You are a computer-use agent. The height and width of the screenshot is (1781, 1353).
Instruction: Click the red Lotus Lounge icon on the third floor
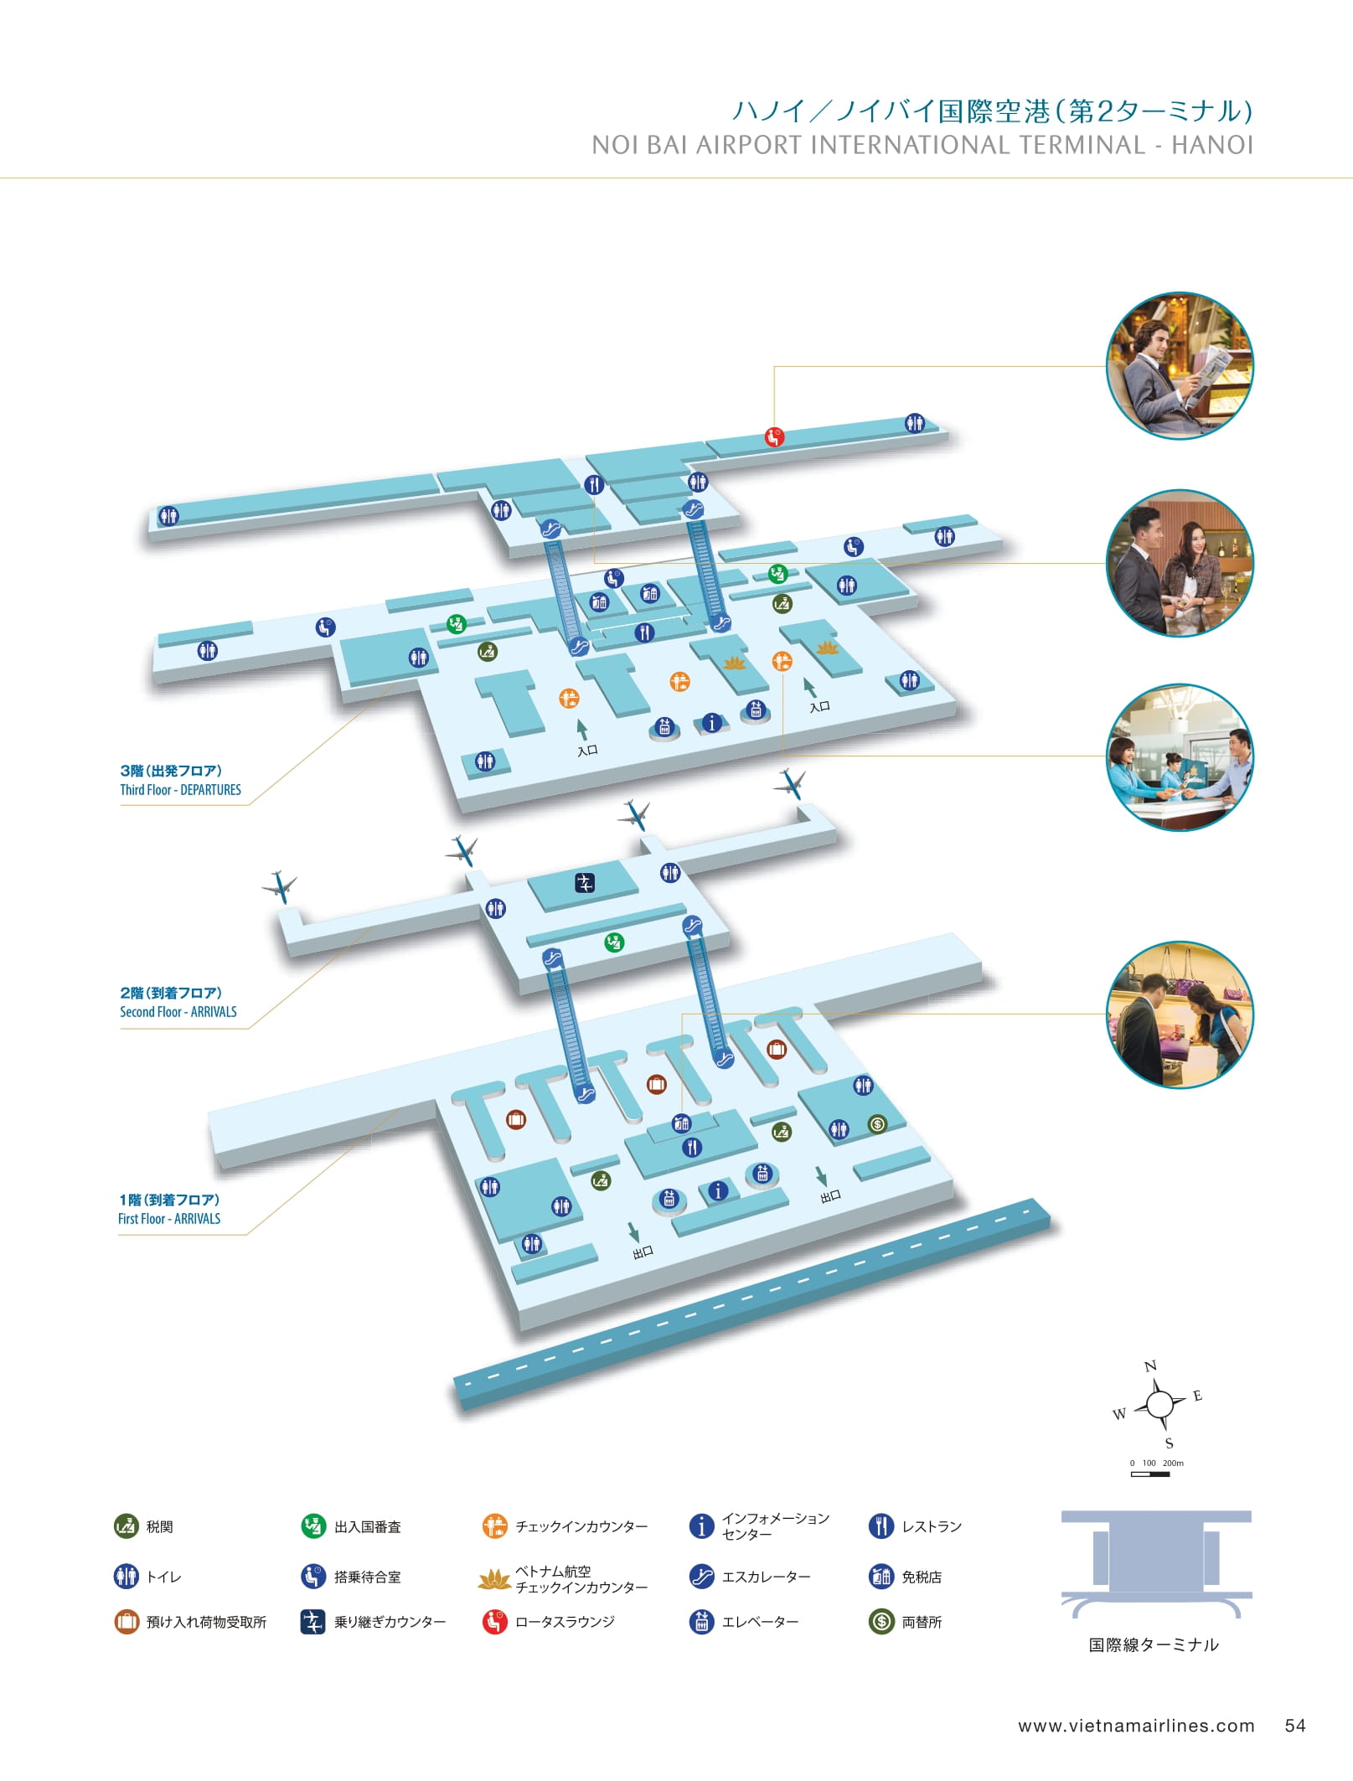774,436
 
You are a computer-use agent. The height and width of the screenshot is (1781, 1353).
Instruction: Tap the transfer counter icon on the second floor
585,882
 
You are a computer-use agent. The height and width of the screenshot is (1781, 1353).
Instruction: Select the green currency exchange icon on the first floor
877,1124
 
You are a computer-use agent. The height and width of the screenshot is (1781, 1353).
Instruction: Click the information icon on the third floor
711,722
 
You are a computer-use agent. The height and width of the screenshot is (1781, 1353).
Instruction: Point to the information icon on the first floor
717,1190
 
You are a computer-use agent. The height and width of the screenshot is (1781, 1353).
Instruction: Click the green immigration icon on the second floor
614,942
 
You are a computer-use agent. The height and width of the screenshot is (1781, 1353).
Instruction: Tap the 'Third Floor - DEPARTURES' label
180,789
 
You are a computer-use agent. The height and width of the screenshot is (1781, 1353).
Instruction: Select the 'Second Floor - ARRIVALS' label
178,1011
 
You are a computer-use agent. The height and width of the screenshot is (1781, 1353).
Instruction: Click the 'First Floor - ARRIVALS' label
169,1218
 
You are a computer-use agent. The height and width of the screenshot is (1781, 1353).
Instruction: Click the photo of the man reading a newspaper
1180,365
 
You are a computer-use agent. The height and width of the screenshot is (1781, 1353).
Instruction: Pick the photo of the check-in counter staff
1180,757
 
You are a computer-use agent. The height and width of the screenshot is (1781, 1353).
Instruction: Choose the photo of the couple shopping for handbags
1180,1014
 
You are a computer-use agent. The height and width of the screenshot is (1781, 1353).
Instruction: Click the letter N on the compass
1150,1366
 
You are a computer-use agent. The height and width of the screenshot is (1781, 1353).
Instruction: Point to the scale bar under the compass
1150,1474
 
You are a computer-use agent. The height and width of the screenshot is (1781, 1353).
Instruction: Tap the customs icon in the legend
126,1526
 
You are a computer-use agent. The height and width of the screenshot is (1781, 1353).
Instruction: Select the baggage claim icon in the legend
126,1622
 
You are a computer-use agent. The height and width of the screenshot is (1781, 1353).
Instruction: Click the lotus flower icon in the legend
494,1579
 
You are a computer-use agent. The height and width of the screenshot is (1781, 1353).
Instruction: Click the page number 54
1295,1726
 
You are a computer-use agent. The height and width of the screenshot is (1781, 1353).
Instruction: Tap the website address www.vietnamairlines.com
1136,1726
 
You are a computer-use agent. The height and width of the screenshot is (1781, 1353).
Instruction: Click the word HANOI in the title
1212,145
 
